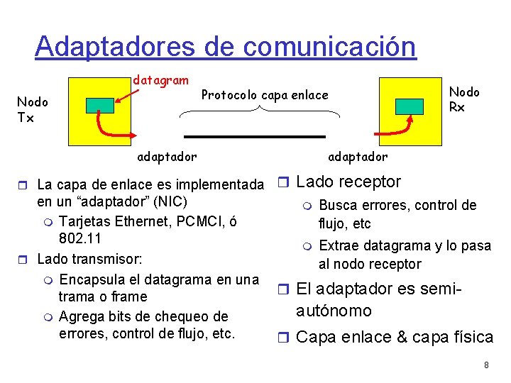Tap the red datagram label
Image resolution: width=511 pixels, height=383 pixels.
point(160,81)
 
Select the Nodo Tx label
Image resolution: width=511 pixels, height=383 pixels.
point(32,110)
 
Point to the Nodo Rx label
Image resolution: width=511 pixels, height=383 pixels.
point(464,99)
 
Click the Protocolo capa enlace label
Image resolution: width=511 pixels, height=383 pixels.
point(265,95)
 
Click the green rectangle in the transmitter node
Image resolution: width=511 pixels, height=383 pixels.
point(100,106)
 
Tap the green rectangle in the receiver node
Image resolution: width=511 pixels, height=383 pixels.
point(409,106)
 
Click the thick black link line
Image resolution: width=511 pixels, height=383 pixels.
point(254,135)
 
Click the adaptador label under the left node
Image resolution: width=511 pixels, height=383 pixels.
point(167,155)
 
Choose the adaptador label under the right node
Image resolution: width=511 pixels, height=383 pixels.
point(358,156)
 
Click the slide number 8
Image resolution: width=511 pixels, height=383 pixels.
point(486,365)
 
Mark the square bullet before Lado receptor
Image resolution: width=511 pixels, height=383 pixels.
point(284,183)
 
